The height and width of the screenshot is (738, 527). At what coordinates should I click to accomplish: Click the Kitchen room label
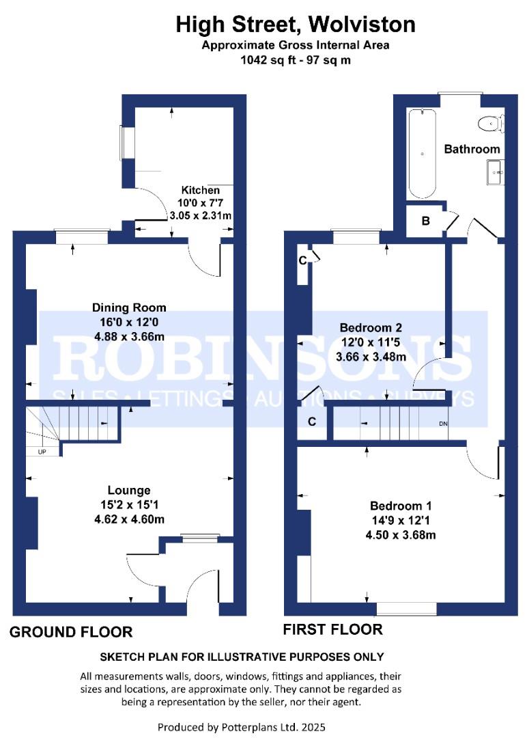click(x=200, y=190)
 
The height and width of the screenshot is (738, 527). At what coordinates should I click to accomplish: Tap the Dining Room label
click(x=129, y=307)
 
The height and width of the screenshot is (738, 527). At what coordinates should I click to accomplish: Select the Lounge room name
click(x=129, y=491)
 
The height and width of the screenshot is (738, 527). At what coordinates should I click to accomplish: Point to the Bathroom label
click(x=472, y=149)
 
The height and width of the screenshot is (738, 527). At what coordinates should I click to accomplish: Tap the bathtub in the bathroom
click(x=422, y=154)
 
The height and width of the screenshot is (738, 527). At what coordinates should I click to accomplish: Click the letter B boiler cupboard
click(x=426, y=220)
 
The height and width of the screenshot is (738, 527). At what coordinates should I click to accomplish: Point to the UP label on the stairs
click(x=42, y=452)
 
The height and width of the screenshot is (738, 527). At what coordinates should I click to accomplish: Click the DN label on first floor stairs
click(x=443, y=424)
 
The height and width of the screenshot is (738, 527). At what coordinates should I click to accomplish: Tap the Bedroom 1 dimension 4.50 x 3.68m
click(x=401, y=535)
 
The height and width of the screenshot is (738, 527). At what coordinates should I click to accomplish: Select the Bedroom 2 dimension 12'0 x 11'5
click(x=371, y=342)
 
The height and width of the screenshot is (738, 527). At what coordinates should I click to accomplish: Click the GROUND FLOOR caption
click(x=71, y=631)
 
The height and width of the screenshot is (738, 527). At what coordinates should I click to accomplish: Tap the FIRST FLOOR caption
click(x=333, y=629)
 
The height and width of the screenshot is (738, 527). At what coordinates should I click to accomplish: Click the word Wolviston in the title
click(x=362, y=25)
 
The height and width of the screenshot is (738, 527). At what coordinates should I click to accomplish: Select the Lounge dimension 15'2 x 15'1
click(x=129, y=505)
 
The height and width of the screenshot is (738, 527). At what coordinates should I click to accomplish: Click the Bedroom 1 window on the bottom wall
click(x=407, y=609)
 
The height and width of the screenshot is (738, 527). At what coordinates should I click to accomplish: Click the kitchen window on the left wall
click(x=126, y=143)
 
